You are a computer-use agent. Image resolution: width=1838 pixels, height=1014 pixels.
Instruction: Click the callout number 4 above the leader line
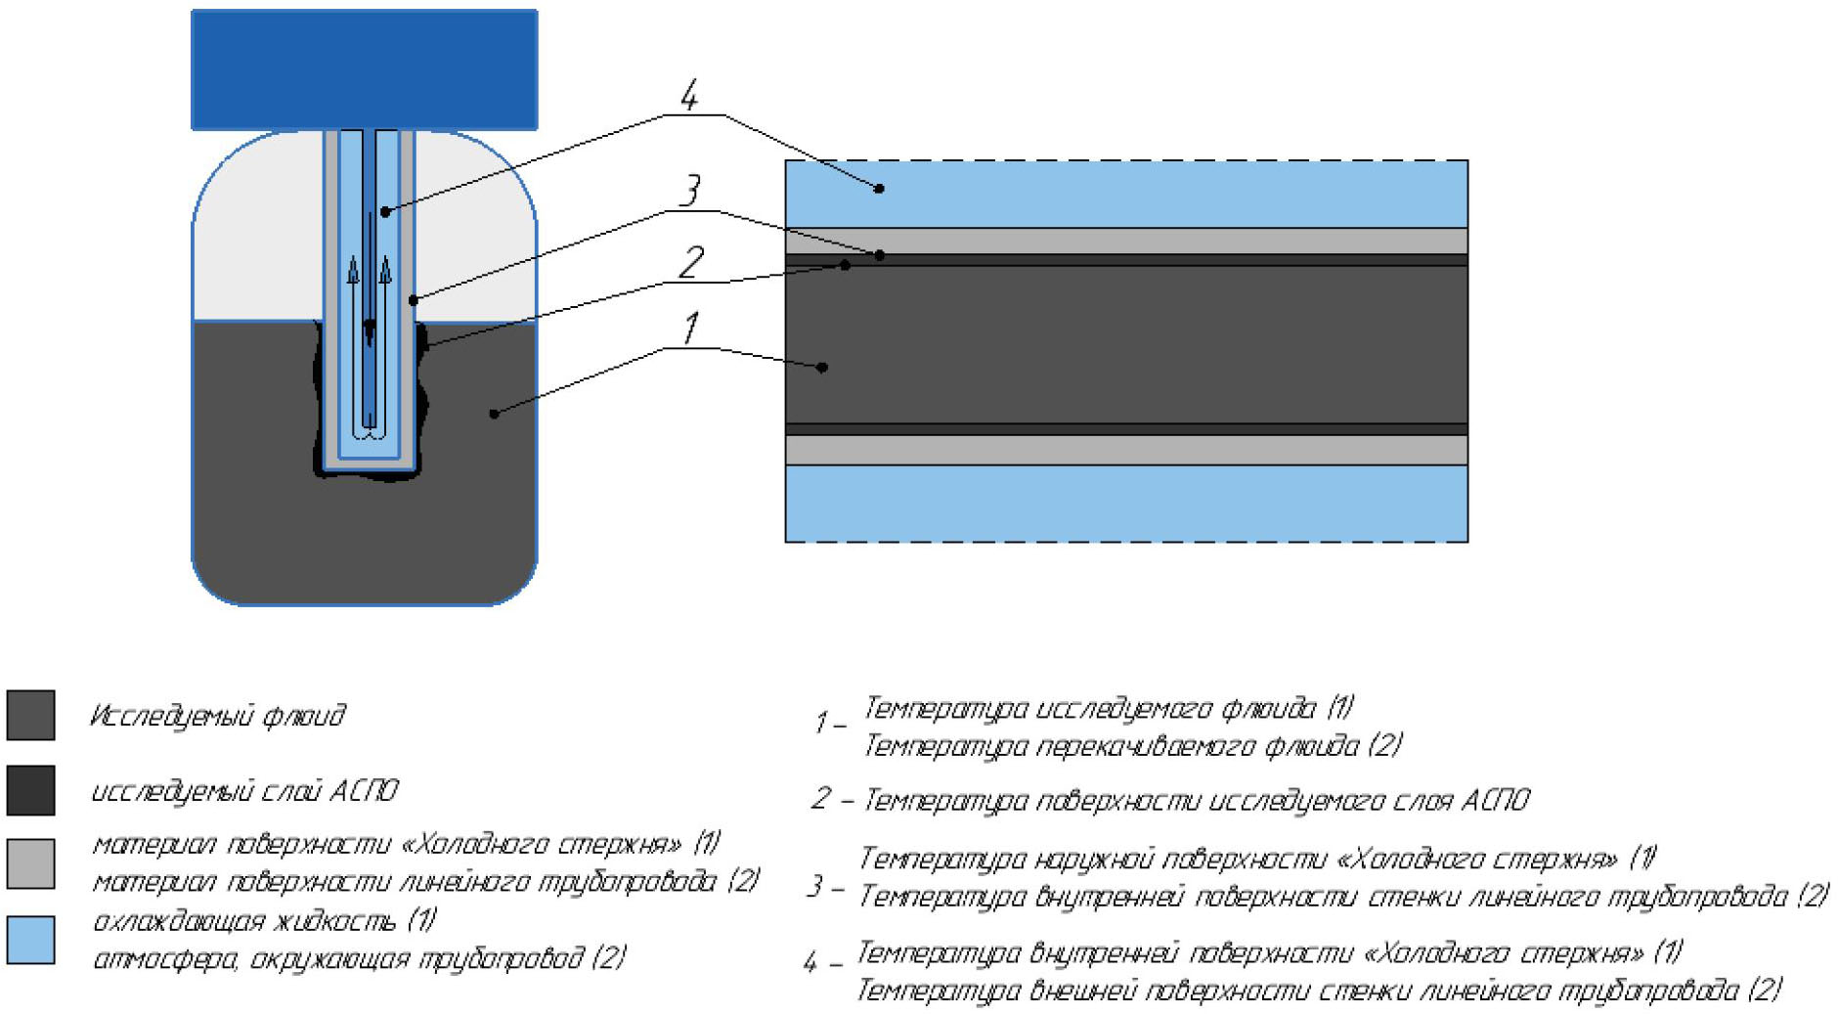pyautogui.click(x=689, y=96)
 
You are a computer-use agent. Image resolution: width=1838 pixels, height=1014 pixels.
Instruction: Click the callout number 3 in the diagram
pyautogui.click(x=690, y=190)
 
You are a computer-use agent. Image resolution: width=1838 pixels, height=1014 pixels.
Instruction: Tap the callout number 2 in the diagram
pyautogui.click(x=691, y=262)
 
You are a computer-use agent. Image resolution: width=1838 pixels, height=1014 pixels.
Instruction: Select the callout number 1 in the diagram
pyautogui.click(x=691, y=329)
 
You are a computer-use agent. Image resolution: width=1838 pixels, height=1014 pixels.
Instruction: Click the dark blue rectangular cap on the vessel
pyautogui.click(x=364, y=69)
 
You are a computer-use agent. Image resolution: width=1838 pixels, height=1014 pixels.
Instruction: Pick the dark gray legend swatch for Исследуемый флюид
pyautogui.click(x=30, y=715)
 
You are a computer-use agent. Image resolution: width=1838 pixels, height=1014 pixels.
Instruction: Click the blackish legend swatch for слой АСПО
pyautogui.click(x=30, y=790)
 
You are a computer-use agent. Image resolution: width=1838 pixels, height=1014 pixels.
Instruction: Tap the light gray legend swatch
pyautogui.click(x=30, y=863)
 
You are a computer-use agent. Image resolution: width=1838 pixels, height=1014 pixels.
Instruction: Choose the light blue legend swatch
pyautogui.click(x=30, y=940)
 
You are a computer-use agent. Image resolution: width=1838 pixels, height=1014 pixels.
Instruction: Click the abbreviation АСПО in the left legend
pyautogui.click(x=364, y=790)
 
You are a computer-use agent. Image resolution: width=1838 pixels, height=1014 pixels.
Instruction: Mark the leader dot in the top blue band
pyautogui.click(x=879, y=188)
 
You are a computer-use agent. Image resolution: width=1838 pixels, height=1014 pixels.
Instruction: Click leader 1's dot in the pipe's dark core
pyautogui.click(x=822, y=368)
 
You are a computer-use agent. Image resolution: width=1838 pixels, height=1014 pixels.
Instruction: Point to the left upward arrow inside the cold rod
pyautogui.click(x=354, y=270)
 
